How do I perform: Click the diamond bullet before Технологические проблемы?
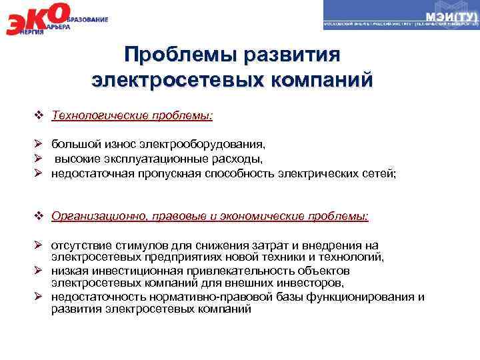pyautogui.click(x=39, y=116)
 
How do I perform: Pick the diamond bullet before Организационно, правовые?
pyautogui.click(x=39, y=217)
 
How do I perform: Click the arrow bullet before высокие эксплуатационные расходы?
pyautogui.click(x=39, y=159)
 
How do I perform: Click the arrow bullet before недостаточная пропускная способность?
pyautogui.click(x=39, y=173)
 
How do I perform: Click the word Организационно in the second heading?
pyautogui.click(x=93, y=217)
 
